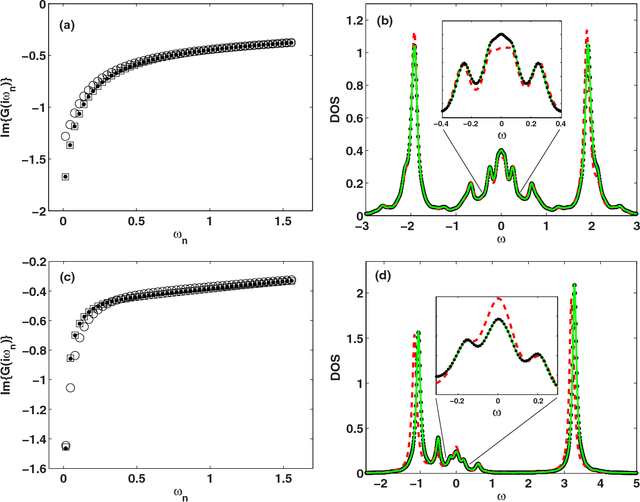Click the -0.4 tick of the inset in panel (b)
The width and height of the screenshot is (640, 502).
440,124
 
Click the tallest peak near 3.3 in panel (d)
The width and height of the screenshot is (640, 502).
575,286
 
